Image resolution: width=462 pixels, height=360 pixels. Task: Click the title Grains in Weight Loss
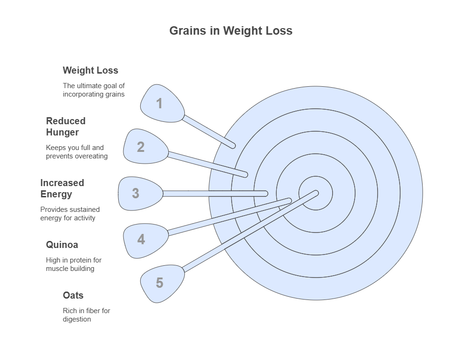pos(231,31)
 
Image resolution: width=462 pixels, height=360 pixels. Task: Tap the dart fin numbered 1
pos(161,103)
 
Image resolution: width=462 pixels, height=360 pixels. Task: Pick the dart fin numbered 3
pos(139,193)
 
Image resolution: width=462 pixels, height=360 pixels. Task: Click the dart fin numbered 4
pos(144,240)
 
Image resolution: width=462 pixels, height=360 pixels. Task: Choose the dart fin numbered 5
pos(161,283)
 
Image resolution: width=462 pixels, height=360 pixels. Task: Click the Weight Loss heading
pos(91,71)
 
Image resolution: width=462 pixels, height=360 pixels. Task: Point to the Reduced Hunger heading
pos(66,127)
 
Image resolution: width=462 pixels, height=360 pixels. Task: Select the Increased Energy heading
pos(62,188)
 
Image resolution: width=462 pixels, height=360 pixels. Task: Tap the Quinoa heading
pos(62,245)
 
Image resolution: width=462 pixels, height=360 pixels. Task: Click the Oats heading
pos(73,295)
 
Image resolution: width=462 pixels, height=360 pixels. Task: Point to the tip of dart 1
pos(233,146)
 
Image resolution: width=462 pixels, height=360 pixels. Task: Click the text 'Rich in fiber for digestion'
pos(86,315)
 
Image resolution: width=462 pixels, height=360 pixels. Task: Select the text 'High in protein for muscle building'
pos(74,264)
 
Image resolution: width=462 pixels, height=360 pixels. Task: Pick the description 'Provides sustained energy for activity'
pos(70,214)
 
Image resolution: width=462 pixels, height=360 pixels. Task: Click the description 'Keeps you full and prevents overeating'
pos(76,152)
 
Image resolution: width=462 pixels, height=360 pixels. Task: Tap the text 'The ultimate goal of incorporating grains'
pos(94,90)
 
